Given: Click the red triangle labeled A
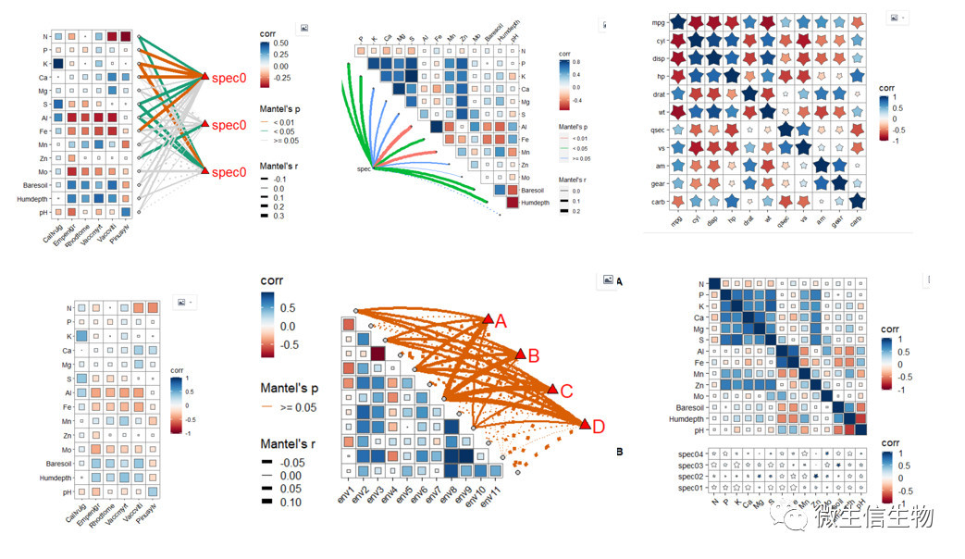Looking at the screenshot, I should [489, 320].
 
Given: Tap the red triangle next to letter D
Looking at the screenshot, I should [586, 425].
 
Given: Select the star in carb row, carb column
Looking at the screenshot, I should [857, 201].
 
